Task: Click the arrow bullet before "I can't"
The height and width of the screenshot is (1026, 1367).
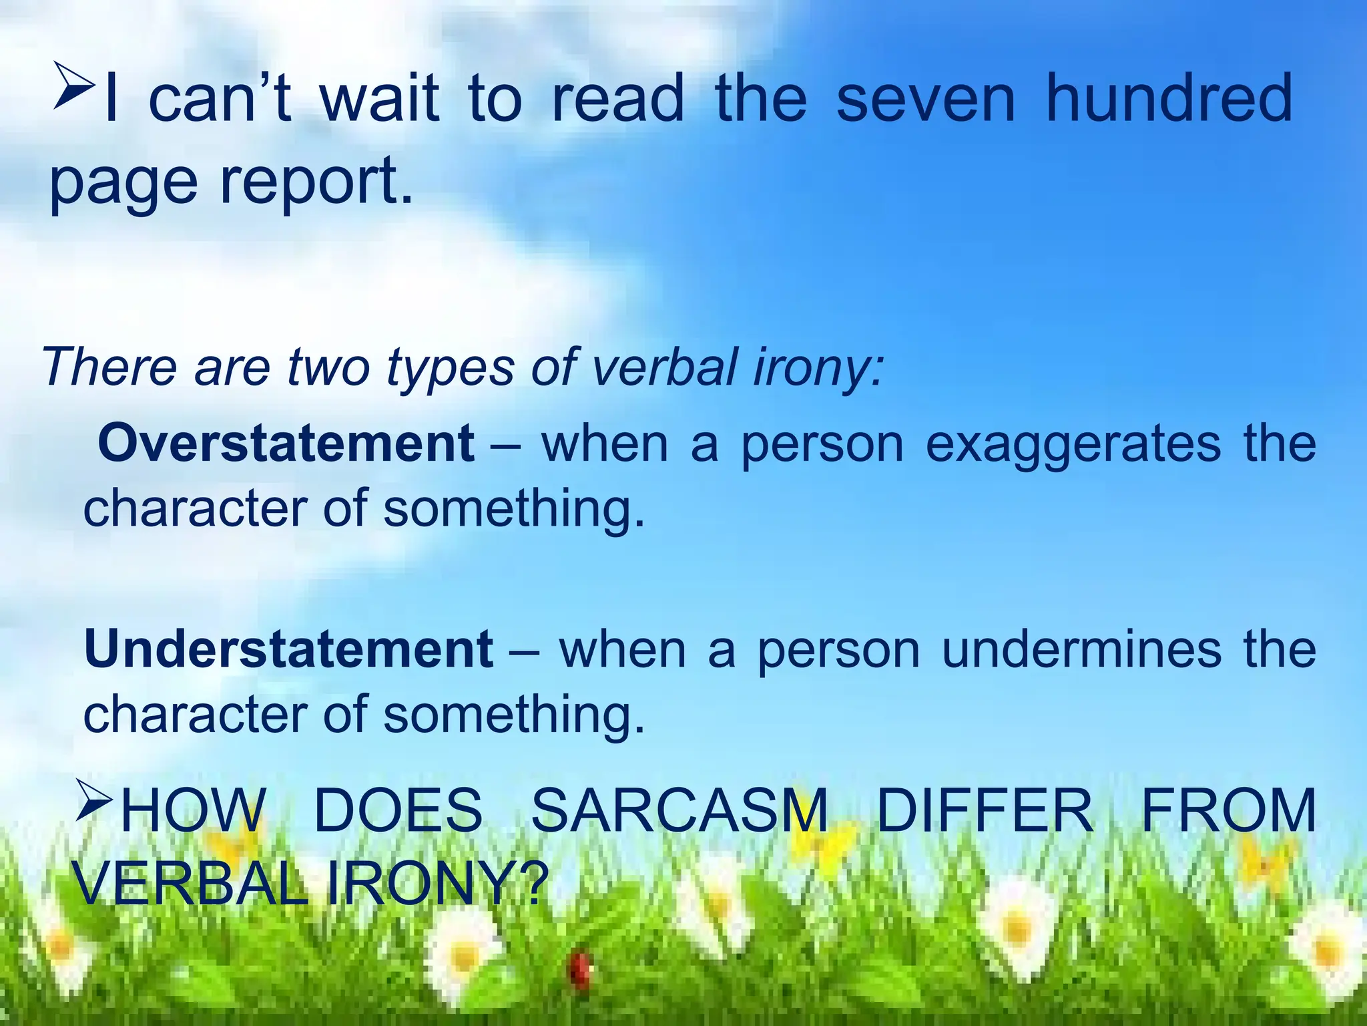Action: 73,85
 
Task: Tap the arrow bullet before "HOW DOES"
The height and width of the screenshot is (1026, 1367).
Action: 94,800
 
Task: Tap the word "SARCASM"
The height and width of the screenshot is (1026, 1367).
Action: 679,810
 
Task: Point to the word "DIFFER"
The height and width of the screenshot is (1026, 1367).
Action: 985,810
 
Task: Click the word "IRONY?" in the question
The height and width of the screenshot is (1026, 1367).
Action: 437,883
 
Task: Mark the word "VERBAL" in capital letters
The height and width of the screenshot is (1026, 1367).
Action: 190,883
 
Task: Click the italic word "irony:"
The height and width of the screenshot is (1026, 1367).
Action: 818,367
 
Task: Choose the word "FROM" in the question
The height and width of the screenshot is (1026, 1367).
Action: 1228,810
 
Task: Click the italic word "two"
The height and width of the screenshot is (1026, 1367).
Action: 328,367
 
